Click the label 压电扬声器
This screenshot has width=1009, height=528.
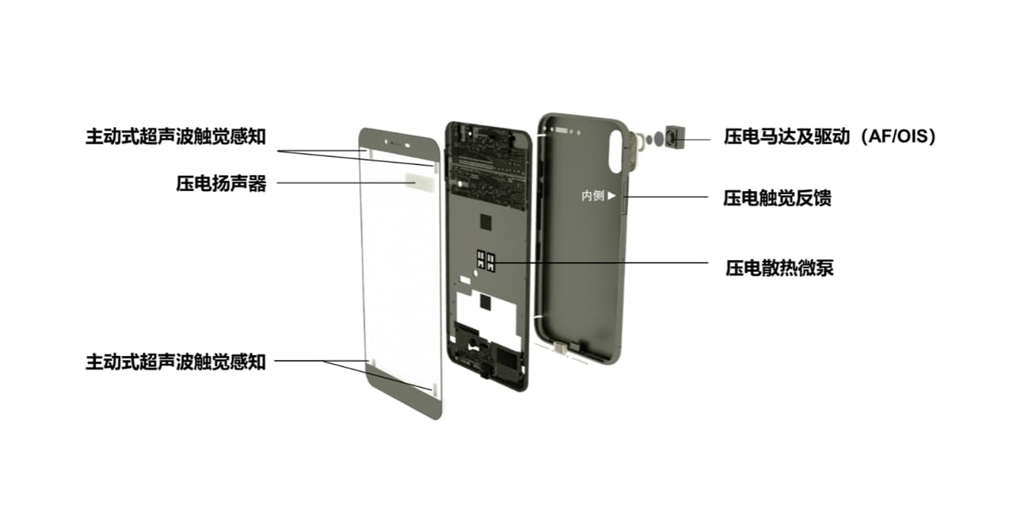(x=221, y=183)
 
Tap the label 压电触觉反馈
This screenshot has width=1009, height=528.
(x=777, y=197)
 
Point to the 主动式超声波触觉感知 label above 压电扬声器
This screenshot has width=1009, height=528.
(x=175, y=136)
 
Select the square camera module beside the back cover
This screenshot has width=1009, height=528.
(x=675, y=140)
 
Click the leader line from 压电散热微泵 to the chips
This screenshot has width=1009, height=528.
(x=602, y=262)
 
